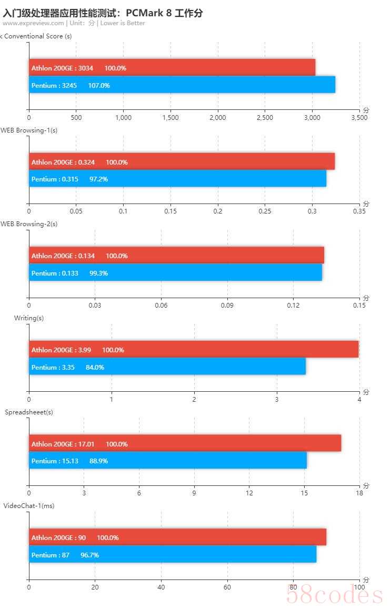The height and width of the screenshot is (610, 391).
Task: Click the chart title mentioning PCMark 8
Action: pos(103,13)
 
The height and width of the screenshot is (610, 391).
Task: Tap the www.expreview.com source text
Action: pos(33,23)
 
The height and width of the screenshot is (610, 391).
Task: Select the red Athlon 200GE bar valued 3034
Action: pos(172,68)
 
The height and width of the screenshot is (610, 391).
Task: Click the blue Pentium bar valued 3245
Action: pos(182,85)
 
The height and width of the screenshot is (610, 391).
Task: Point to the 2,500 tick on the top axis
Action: pos(265,118)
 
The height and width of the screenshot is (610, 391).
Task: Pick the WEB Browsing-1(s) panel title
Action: pos(29,130)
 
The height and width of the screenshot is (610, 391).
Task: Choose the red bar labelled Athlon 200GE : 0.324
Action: pos(182,162)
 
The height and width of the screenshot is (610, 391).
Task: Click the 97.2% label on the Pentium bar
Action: pos(98,179)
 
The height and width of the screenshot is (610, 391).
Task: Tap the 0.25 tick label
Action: pos(265,211)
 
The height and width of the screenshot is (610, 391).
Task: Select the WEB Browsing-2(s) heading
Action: pos(29,224)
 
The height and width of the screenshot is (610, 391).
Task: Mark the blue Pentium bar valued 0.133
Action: pos(175,273)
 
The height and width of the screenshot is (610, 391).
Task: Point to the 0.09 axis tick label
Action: pos(227,306)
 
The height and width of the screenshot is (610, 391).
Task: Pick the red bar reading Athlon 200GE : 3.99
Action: pos(194,350)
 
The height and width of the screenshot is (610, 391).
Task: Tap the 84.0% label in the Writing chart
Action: pos(95,367)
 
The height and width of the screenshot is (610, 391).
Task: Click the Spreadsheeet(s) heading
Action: pos(29,412)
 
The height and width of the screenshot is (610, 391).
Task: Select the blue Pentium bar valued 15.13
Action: pos(167,461)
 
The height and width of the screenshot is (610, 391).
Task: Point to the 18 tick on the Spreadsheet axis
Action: pos(359,493)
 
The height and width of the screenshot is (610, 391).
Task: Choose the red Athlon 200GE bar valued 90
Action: pos(177,537)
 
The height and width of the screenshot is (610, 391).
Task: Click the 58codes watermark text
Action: pos(334,595)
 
